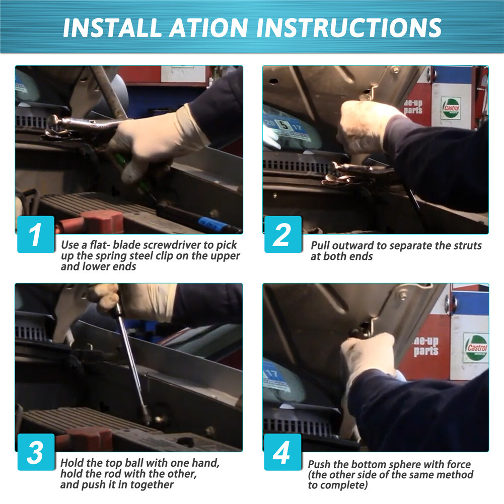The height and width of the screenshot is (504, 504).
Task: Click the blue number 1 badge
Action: click(36, 234)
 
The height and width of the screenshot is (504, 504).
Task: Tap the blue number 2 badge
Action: click(283, 234)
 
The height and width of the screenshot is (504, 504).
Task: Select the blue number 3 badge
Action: click(36, 452)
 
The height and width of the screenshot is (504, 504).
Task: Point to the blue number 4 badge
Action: click(283, 452)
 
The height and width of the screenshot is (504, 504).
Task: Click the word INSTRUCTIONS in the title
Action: click(349, 28)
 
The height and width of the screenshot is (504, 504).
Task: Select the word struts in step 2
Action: click(467, 246)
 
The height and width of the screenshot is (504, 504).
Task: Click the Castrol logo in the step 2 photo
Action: click(451, 108)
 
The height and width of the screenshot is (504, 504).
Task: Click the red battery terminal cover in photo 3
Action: click(84, 439)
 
